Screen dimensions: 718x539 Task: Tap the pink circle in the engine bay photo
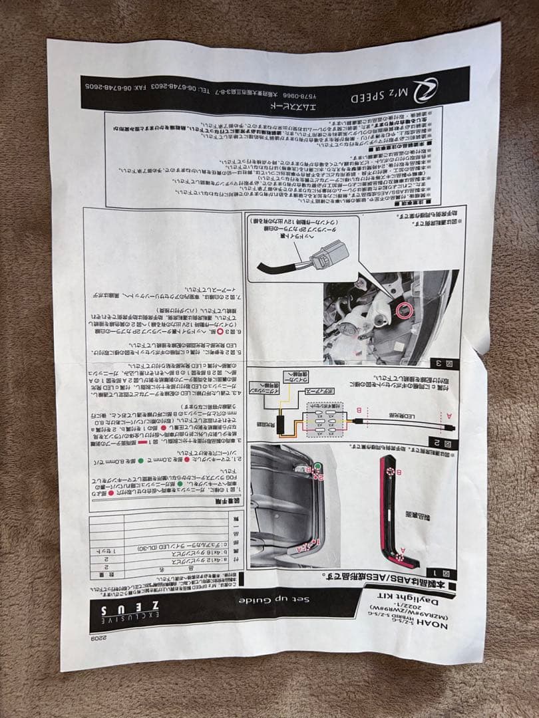pos(401,310)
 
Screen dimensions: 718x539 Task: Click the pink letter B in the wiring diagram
pos(360,410)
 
